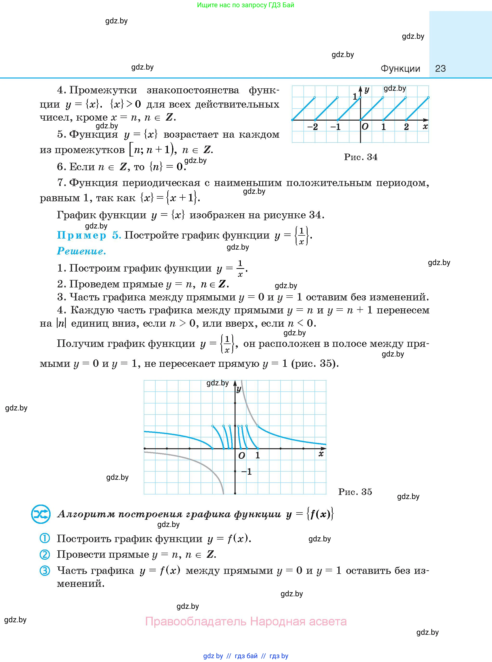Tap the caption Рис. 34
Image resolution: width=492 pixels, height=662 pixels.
click(361, 157)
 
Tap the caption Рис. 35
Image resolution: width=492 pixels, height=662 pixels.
click(355, 492)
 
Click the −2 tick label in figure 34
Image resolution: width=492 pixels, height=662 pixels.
click(312, 127)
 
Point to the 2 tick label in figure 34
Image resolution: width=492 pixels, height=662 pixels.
click(406, 127)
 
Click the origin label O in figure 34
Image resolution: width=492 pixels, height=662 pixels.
click(365, 127)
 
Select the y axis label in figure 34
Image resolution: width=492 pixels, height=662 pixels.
click(367, 90)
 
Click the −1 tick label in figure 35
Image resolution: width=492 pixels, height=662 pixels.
click(247, 472)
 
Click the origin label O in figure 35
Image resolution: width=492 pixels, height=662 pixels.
click(242, 455)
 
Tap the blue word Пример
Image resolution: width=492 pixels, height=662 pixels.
click(82, 235)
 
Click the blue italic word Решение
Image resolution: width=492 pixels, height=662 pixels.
click(81, 251)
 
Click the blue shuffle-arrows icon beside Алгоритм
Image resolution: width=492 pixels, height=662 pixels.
click(40, 514)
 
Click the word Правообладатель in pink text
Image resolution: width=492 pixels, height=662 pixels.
click(196, 622)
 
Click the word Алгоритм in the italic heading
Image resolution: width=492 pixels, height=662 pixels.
click(86, 514)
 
